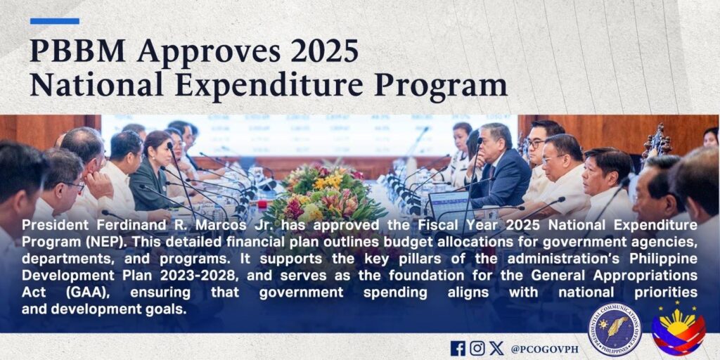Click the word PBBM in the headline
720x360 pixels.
pos(77,51)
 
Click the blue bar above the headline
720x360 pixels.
pos(55,21)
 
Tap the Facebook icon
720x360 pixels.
pos(458,349)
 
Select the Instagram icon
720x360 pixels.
pos(477,348)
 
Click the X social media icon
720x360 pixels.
pos(496,348)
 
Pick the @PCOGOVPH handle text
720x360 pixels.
pos(544,349)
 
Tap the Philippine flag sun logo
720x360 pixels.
pos(679,328)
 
